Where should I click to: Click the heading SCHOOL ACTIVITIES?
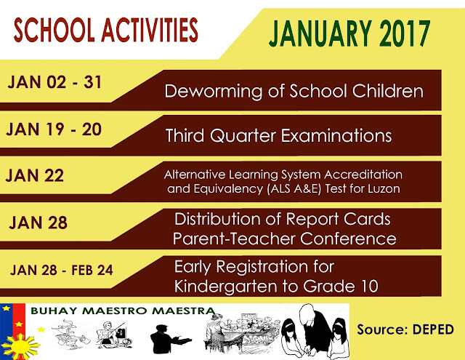[105, 31]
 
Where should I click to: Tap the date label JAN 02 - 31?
[54, 83]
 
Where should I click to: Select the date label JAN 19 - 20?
[54, 129]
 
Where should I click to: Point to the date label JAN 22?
[36, 175]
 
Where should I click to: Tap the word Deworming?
[206, 92]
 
